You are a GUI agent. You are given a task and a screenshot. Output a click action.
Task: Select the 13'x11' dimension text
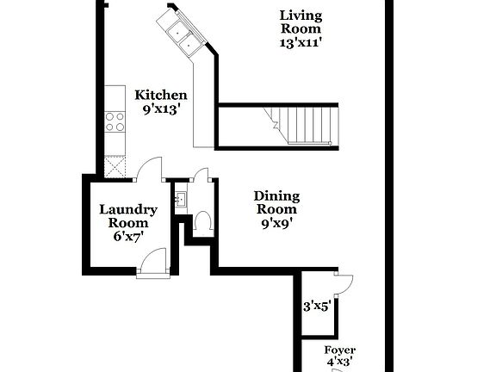pyautogui.click(x=301, y=40)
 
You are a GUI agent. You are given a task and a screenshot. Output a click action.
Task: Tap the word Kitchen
pyautogui.click(x=161, y=95)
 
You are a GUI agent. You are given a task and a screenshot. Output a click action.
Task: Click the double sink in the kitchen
pyautogui.click(x=183, y=34)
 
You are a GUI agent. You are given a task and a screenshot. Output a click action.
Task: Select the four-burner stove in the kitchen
pyautogui.click(x=115, y=122)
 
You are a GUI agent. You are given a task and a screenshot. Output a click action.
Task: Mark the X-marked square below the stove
pyautogui.click(x=115, y=167)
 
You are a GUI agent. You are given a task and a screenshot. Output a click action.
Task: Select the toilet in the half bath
pyautogui.click(x=203, y=223)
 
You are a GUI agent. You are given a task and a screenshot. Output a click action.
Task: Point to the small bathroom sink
pyautogui.click(x=181, y=201)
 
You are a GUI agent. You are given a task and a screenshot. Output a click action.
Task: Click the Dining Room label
pyautogui.click(x=276, y=202)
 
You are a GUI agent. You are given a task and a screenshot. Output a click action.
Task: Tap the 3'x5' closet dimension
pyautogui.click(x=317, y=306)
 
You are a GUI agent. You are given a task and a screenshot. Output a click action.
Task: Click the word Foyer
pyautogui.click(x=339, y=350)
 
